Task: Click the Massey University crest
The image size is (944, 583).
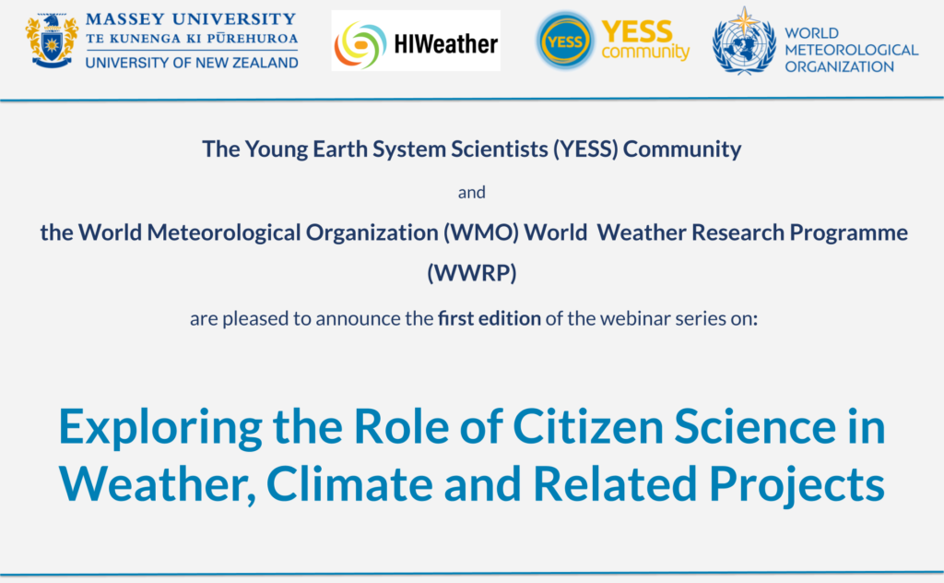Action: point(52,41)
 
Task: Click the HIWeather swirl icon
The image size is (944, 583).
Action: point(360,44)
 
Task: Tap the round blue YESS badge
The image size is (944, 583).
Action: point(565,42)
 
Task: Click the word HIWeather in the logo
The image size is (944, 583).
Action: point(445,44)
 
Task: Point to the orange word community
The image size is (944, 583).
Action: point(645,52)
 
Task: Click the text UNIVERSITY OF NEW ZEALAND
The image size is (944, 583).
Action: point(192,63)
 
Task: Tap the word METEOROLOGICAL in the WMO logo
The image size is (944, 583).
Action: point(851,50)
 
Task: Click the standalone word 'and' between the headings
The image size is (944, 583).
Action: point(471,192)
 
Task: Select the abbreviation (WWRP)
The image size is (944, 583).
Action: point(471,273)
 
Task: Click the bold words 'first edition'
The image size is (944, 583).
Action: point(489,318)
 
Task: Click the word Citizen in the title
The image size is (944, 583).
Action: point(587,426)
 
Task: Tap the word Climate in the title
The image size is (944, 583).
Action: point(349,483)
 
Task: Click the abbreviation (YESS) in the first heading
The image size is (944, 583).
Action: point(585,149)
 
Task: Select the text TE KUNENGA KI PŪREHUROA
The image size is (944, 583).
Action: point(192,39)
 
